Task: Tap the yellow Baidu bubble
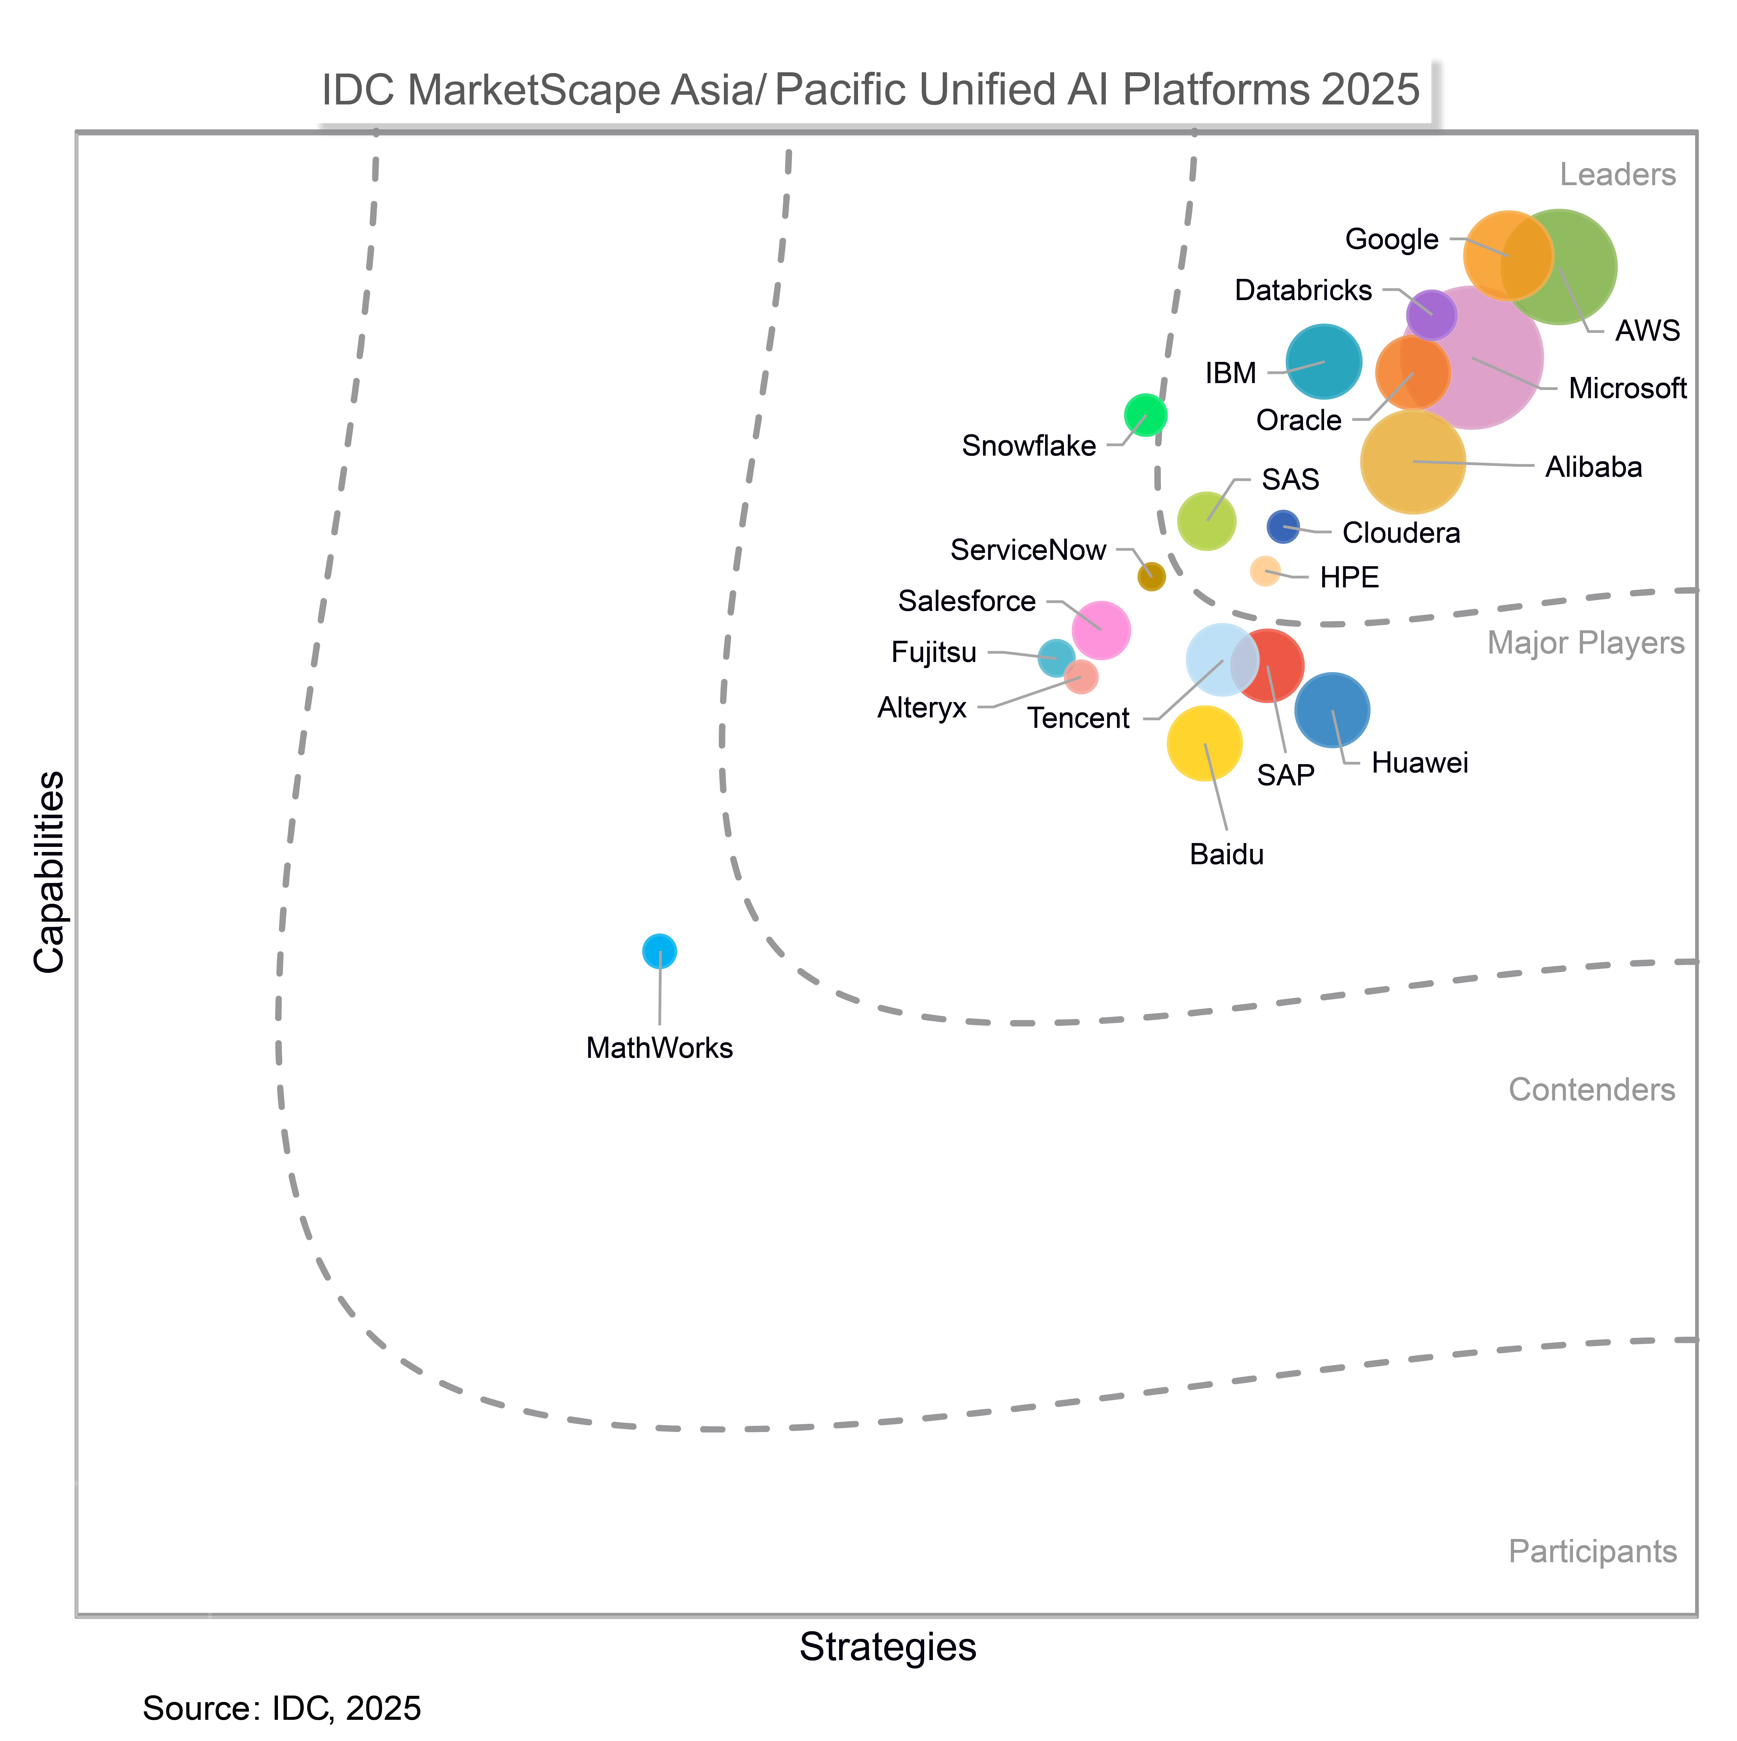1204,743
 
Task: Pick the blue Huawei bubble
1332,710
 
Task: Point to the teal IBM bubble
1323,361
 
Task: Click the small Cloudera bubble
1283,526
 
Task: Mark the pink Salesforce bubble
1101,630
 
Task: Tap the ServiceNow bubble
1151,577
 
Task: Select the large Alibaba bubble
1413,461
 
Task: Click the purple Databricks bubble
1431,314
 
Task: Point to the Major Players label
1586,643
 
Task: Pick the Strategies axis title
888,1647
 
